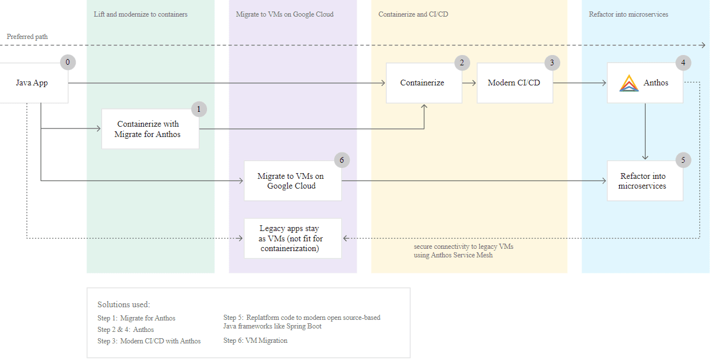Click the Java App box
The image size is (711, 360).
[32, 83]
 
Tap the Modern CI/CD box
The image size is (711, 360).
[514, 83]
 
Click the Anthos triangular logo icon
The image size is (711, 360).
[629, 83]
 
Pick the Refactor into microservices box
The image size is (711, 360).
[644, 181]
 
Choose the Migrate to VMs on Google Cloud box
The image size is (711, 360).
[292, 181]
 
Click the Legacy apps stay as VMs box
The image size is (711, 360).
[292, 238]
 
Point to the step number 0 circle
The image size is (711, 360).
[68, 62]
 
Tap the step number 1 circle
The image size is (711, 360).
[199, 109]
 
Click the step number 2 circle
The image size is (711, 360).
[462, 62]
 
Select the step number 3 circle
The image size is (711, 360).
[552, 62]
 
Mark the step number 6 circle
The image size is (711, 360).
[342, 160]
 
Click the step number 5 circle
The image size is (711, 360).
[683, 160]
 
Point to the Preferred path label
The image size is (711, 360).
[28, 37]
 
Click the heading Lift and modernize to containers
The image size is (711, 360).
[140, 14]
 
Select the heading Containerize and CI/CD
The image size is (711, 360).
[413, 14]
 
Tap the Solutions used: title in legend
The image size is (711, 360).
[124, 304]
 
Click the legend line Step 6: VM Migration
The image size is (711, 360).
[255, 341]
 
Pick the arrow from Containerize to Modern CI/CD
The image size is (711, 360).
[470, 83]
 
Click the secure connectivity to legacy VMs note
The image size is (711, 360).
[463, 251]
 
